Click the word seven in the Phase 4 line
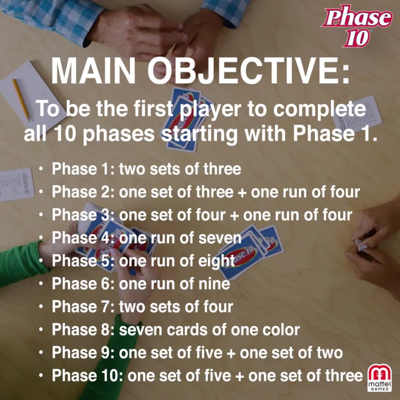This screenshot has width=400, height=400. (220, 238)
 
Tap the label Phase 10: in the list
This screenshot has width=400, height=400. (87, 376)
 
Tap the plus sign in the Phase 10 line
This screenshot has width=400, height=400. (238, 376)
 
